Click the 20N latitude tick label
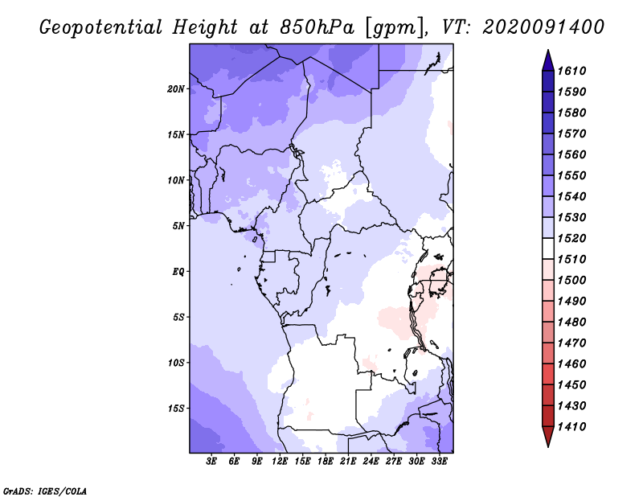(x=176, y=89)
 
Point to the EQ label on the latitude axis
(x=178, y=272)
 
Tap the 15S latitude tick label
(x=176, y=409)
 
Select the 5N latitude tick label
(x=178, y=226)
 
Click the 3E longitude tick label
(x=211, y=462)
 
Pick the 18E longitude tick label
(x=326, y=462)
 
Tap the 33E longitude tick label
(x=439, y=462)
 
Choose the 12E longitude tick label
(x=280, y=462)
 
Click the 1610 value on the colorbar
(x=571, y=71)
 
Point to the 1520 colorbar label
(x=571, y=238)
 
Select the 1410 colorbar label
(x=571, y=427)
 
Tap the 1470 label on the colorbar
(x=571, y=343)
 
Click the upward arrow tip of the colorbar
(x=548, y=50)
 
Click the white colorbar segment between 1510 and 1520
(x=548, y=249)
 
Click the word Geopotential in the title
(x=101, y=28)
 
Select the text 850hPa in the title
(x=317, y=27)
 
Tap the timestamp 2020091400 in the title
(x=543, y=27)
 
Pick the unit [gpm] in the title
(x=396, y=28)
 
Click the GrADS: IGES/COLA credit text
(x=45, y=491)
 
